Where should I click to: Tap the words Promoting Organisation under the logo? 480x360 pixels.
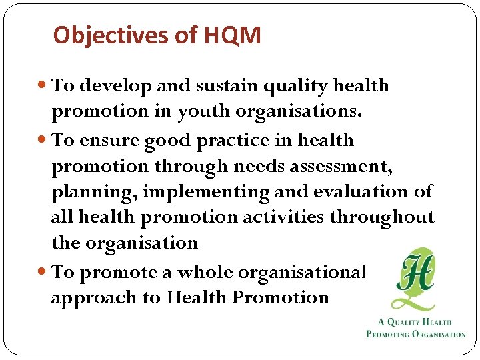416,334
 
